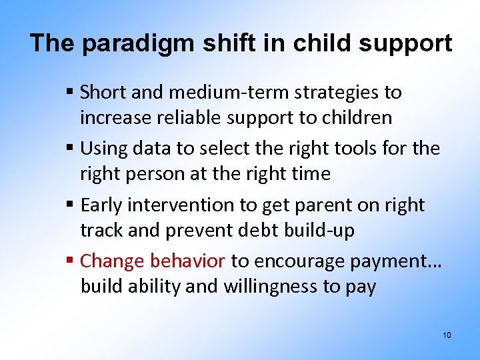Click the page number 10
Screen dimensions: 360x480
(x=447, y=335)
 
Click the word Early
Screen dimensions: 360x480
(x=103, y=205)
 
